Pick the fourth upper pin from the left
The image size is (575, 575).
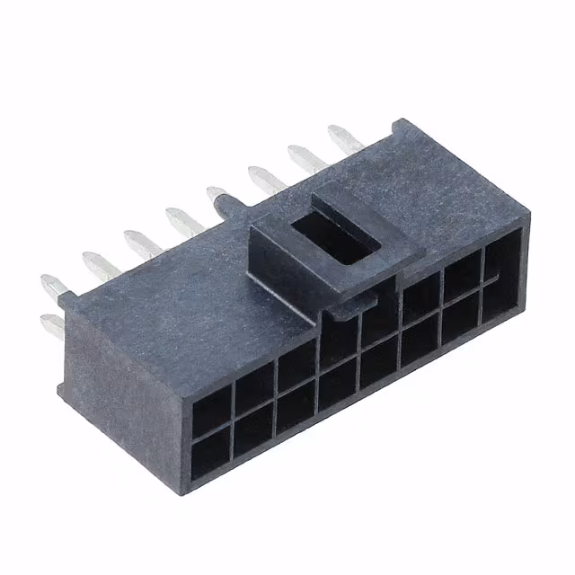[182, 220]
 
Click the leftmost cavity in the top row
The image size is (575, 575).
[212, 409]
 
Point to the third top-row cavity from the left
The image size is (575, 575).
[295, 367]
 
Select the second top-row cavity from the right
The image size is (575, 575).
[462, 273]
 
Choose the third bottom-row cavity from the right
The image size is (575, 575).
[420, 341]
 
